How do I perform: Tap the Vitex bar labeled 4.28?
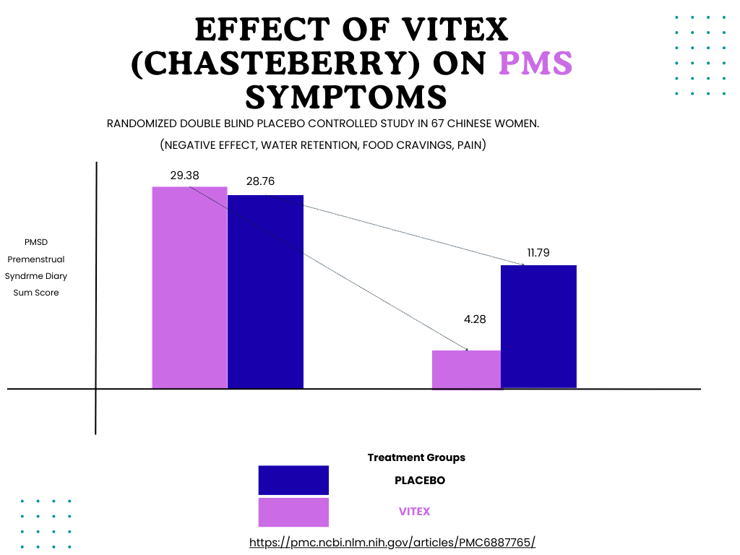(466, 369)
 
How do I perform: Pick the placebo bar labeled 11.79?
(538, 327)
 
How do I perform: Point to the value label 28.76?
(260, 181)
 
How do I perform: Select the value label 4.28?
(474, 319)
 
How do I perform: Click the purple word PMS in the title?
(536, 64)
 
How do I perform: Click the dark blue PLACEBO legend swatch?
(293, 480)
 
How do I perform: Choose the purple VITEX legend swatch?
(293, 512)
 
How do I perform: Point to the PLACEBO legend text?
(419, 480)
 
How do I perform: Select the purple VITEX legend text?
(414, 512)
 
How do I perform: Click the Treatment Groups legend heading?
(416, 457)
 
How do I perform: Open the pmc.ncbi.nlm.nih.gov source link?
(392, 542)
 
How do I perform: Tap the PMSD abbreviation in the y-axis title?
(36, 242)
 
